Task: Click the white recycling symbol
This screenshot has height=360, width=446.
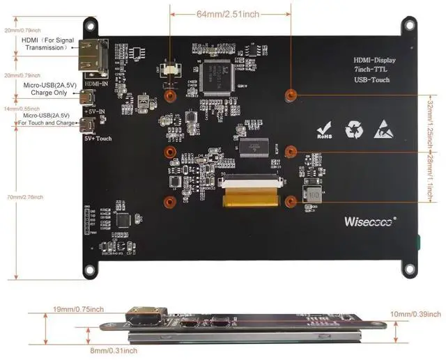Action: coord(355,129)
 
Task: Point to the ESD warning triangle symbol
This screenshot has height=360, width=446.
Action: coord(385,129)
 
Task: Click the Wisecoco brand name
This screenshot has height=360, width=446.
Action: coord(369,221)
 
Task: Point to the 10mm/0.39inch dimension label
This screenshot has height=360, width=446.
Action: coord(416,314)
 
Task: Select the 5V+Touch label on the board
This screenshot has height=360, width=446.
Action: coord(98,139)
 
